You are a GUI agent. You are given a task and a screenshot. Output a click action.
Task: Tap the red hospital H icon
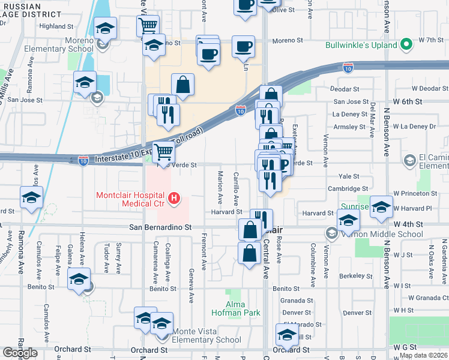point(174,197)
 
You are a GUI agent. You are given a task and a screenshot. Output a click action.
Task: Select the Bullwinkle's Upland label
point(360,45)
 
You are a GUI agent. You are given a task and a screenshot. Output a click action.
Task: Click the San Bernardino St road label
point(160,227)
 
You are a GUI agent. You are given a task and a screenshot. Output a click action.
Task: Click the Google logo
point(20,353)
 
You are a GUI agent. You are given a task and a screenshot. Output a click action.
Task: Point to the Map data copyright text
point(423,355)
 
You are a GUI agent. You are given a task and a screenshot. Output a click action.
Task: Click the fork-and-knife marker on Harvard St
point(261,218)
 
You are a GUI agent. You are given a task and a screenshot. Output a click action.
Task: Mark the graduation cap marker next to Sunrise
point(381,206)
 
